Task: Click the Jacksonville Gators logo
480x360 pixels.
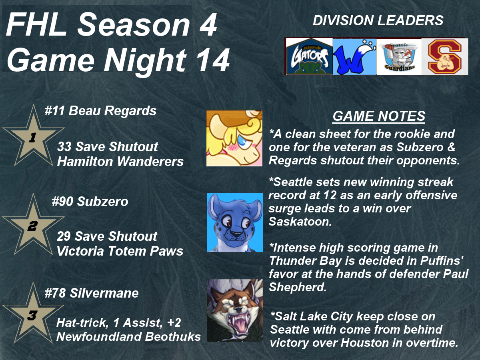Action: click(x=309, y=56)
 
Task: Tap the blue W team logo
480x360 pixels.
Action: click(x=354, y=57)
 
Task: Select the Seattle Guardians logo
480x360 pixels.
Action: click(x=399, y=57)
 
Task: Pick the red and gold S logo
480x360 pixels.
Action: click(x=445, y=57)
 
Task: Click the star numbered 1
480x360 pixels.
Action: click(x=33, y=137)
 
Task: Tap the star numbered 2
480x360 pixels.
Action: click(x=33, y=226)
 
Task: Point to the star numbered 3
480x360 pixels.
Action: click(x=33, y=315)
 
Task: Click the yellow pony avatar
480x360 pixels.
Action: click(x=234, y=138)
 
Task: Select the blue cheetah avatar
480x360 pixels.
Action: click(x=235, y=222)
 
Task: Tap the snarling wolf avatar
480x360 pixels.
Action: click(x=235, y=310)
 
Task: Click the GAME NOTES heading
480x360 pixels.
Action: click(x=379, y=116)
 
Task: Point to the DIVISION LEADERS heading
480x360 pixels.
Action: click(x=378, y=20)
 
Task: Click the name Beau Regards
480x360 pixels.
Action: click(x=112, y=111)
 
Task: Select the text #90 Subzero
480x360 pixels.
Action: click(x=90, y=201)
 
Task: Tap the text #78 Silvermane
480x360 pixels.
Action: click(x=92, y=293)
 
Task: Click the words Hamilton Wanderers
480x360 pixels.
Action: click(x=120, y=161)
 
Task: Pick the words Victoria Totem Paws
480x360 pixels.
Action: click(x=120, y=251)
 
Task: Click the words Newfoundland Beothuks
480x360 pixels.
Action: click(x=128, y=337)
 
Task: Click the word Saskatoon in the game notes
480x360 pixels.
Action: click(x=300, y=222)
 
